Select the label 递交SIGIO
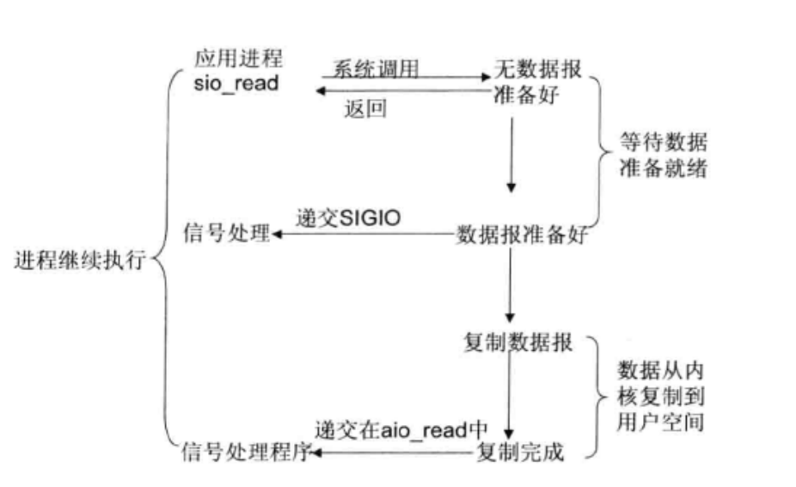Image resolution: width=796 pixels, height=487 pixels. [348, 218]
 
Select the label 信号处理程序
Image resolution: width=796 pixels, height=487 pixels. [246, 452]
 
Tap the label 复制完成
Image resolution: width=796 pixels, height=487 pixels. [521, 452]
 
